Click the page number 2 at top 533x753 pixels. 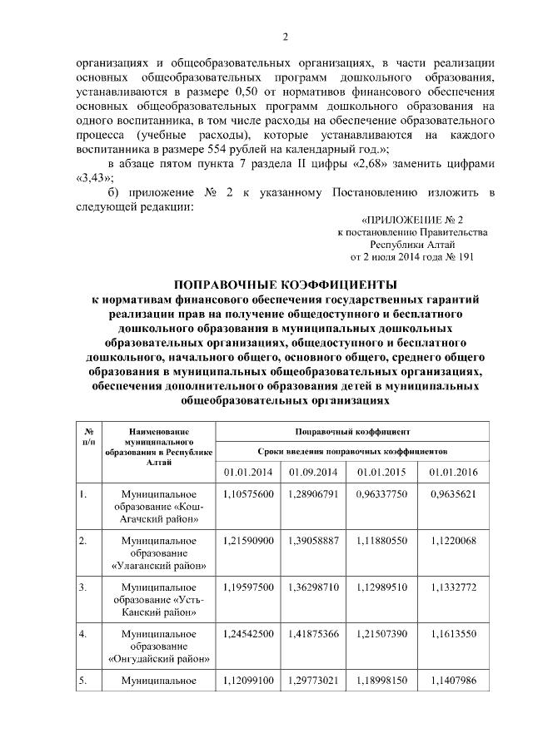tap(285, 37)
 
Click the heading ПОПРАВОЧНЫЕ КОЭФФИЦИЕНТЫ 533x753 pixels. tap(285, 285)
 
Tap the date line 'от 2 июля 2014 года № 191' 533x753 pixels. tap(418, 257)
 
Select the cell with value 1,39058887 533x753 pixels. tap(314, 541)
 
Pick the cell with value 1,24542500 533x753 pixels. tap(248, 634)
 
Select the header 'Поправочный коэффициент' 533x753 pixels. tap(352, 432)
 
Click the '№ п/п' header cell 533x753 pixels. tap(88, 436)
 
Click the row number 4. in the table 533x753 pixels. tap(83, 634)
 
